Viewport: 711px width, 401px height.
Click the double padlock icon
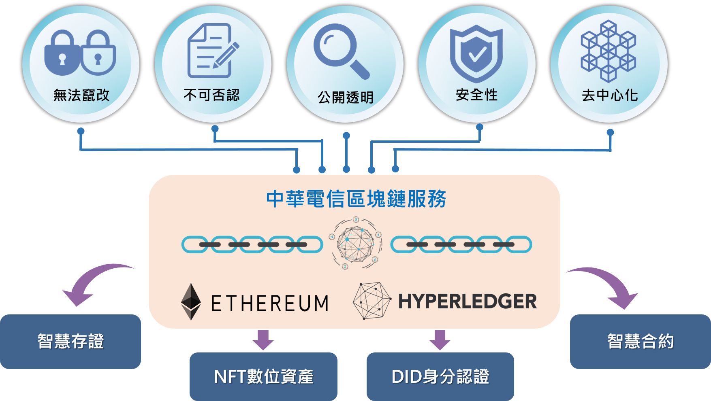(80, 53)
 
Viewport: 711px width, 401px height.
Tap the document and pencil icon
(213, 51)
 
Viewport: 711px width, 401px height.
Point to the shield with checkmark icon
(476, 53)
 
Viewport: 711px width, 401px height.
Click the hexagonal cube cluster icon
(609, 51)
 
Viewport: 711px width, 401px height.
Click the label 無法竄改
(81, 95)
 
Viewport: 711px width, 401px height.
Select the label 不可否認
(211, 95)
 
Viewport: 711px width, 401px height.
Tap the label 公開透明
(346, 98)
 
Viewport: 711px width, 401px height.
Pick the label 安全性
(476, 95)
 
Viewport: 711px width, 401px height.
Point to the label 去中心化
(610, 95)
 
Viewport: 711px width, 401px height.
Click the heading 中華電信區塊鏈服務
(356, 199)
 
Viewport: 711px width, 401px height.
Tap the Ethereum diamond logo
(191, 302)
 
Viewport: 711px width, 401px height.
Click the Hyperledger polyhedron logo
(372, 301)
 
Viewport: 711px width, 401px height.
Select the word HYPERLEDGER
(468, 301)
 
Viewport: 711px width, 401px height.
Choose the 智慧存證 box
(70, 342)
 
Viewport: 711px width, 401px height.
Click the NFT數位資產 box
(263, 376)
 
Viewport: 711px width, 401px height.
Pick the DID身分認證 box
(440, 376)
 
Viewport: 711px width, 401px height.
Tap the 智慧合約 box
(641, 342)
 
